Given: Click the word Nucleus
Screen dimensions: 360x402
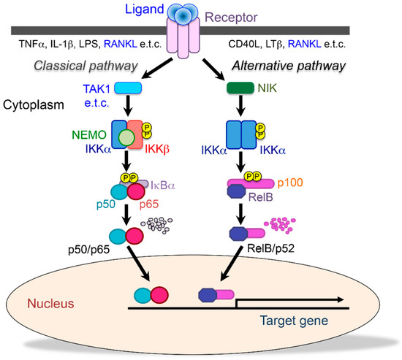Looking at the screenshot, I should [47, 302].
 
